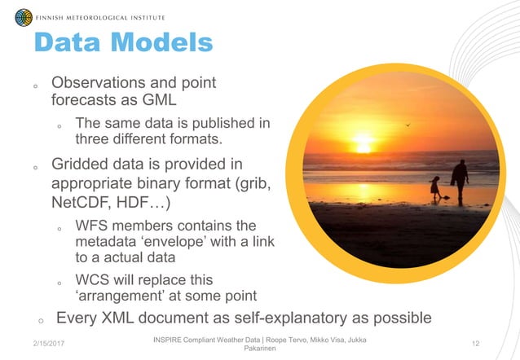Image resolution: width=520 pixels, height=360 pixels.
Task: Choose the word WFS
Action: [x=91, y=226]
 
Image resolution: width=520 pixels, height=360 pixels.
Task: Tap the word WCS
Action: [x=91, y=279]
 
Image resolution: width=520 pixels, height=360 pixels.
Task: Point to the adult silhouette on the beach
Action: [x=461, y=179]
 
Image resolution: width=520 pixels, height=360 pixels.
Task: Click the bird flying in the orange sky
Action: [x=408, y=125]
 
